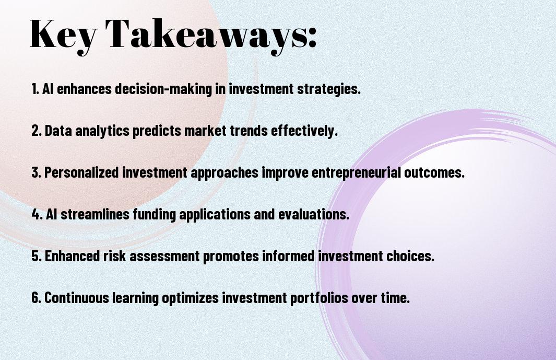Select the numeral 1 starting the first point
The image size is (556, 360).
[34, 89]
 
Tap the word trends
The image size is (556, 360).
[249, 131]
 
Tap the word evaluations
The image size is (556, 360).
[314, 214]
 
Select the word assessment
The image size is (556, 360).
[164, 256]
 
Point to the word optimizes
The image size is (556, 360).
[191, 298]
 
